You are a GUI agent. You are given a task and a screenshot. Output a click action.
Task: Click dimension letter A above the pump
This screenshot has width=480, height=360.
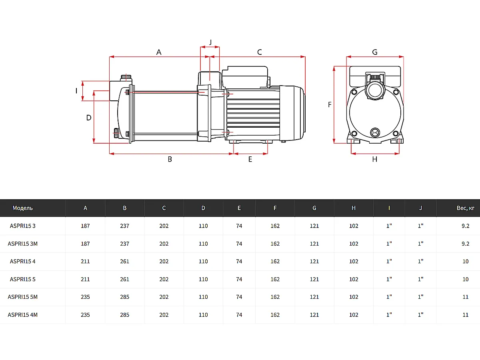[x=159, y=52]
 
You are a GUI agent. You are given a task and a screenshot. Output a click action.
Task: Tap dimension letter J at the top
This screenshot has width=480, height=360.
[x=210, y=42]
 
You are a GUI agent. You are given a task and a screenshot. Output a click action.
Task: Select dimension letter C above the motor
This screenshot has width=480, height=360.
[x=259, y=52]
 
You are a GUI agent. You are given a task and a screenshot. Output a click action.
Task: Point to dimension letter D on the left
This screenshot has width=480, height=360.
[x=89, y=118]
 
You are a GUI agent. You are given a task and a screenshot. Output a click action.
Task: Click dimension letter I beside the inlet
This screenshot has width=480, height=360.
[x=76, y=91]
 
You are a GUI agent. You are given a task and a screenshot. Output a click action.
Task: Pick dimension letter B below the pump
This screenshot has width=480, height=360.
[x=170, y=159]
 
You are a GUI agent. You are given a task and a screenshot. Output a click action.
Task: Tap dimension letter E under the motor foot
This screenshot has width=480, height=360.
[x=250, y=159]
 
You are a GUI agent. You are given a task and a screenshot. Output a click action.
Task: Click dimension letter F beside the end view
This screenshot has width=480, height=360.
[x=330, y=105]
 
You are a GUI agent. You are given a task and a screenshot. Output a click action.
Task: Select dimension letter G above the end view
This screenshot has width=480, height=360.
[x=375, y=52]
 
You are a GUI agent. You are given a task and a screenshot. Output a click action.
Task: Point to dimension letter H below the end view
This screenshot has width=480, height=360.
[x=375, y=159]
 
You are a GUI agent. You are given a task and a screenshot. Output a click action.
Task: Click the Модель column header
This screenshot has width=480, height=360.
[x=23, y=208]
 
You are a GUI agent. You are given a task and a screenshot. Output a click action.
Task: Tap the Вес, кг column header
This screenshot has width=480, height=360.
[x=466, y=208]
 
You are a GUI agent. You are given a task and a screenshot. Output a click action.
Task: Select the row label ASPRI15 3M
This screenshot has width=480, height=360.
[x=23, y=244]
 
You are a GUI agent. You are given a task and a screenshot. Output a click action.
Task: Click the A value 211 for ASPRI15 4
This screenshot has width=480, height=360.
[x=85, y=262]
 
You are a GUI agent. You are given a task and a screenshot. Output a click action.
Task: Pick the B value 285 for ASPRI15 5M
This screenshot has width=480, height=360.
[x=125, y=297]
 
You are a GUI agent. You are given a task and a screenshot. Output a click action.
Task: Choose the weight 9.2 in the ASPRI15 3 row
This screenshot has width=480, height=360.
[x=466, y=226]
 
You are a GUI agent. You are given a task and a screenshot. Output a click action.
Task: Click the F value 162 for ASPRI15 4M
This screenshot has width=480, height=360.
[x=275, y=315]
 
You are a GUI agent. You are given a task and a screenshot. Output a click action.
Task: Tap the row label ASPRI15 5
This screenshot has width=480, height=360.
[x=23, y=279]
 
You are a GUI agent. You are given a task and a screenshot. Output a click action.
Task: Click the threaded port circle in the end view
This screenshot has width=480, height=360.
[x=375, y=90]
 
